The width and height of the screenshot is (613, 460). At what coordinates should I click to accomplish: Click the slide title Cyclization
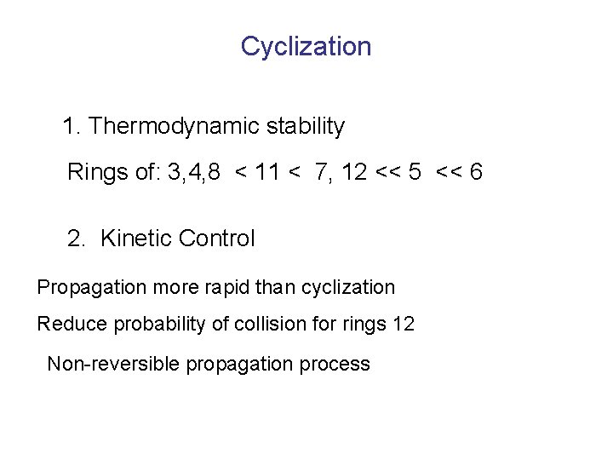point(306,46)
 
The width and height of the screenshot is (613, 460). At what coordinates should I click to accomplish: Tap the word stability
point(305,127)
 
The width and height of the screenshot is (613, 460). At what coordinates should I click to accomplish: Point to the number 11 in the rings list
point(266,173)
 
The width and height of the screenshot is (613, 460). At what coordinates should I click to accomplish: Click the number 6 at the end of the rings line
point(476,173)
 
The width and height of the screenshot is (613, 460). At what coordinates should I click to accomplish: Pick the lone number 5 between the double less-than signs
point(415,173)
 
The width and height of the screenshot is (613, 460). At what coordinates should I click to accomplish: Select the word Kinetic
point(135,239)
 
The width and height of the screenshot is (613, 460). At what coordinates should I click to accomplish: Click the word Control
point(216,239)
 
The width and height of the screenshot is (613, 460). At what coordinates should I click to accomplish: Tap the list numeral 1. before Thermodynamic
point(72,127)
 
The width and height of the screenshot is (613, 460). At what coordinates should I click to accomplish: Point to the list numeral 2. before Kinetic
point(77,239)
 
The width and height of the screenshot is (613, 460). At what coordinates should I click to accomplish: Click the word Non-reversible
point(113,365)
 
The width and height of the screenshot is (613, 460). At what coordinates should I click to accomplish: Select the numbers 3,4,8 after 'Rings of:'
point(194,174)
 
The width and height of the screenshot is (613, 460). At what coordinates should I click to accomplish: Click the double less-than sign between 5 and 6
point(448,173)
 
